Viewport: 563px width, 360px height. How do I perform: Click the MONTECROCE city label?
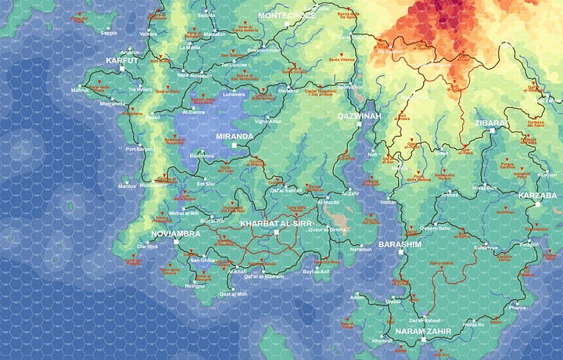point(287,16)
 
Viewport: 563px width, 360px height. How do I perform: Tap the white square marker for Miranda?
point(233,146)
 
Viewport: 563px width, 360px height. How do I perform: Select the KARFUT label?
point(122,59)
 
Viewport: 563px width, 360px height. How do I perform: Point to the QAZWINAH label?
point(358,116)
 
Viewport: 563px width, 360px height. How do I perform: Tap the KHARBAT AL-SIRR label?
point(275,224)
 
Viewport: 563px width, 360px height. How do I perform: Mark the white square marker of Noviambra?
point(176,242)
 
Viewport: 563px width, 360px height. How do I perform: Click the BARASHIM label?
point(400,244)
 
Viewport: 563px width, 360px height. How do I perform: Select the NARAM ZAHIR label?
point(422,332)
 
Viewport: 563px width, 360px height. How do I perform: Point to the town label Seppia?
point(109,33)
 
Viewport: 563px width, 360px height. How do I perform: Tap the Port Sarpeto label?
point(141,149)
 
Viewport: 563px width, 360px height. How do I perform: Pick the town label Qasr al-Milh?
point(233,293)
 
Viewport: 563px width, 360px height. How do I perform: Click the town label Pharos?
point(518,308)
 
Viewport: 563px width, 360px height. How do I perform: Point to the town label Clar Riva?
point(147,247)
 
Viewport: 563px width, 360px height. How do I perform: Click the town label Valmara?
point(148,34)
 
